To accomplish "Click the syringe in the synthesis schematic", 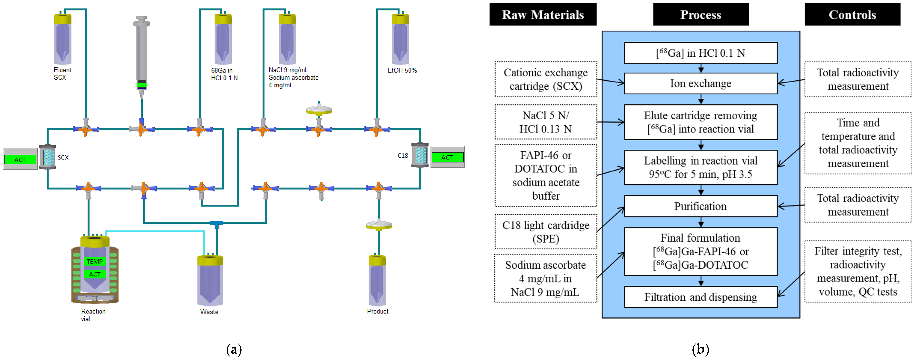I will click(142, 53).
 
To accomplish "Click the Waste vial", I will click(210, 281).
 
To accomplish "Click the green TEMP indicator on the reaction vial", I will click(95, 262).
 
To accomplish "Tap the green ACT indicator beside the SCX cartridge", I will click(20, 160).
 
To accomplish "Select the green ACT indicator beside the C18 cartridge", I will click(447, 157).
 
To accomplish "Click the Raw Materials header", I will click(543, 15).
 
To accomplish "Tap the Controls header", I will click(852, 15).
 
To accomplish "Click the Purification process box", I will click(701, 206).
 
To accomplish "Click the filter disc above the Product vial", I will click(379, 225).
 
